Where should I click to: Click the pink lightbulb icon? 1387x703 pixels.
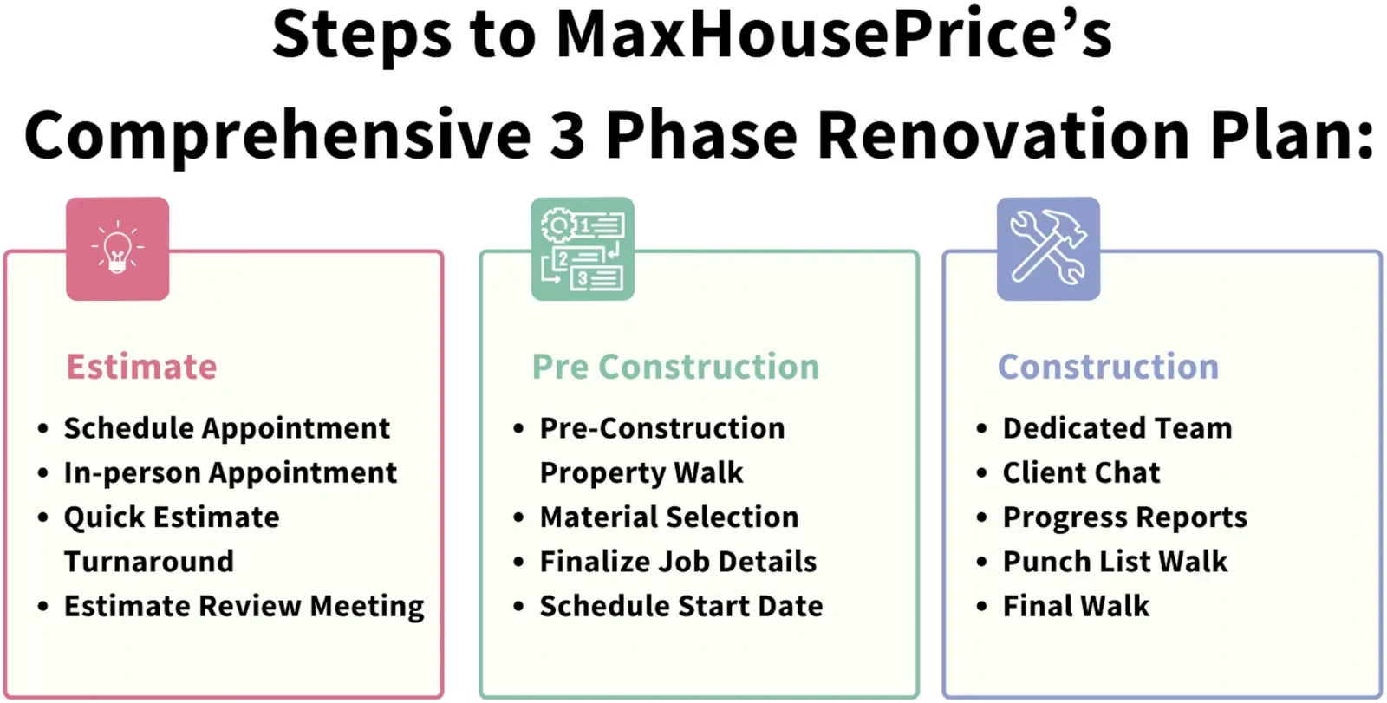[x=118, y=249]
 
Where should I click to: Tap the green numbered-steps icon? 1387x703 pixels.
[x=583, y=249]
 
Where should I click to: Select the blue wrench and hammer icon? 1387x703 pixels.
[x=1048, y=249]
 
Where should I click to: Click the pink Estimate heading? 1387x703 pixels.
[x=142, y=366]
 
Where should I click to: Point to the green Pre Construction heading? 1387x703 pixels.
[x=676, y=366]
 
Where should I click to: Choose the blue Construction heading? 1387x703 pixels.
[x=1109, y=366]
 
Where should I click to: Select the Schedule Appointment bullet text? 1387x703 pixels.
[x=227, y=429]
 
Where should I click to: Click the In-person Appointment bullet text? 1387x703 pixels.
[x=231, y=473]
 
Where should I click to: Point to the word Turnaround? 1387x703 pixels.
[x=149, y=562]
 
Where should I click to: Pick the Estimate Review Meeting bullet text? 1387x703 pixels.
[x=244, y=607]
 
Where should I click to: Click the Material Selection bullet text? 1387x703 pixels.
[x=669, y=517]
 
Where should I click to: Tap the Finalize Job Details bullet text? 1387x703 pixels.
[x=678, y=562]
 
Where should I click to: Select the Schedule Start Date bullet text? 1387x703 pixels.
[x=681, y=607]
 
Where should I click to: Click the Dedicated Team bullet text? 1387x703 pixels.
[x=1117, y=428]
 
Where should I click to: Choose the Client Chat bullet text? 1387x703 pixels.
[x=1081, y=472]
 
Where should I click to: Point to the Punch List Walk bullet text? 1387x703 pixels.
[x=1115, y=562]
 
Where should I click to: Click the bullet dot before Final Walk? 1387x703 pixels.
[x=981, y=606]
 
